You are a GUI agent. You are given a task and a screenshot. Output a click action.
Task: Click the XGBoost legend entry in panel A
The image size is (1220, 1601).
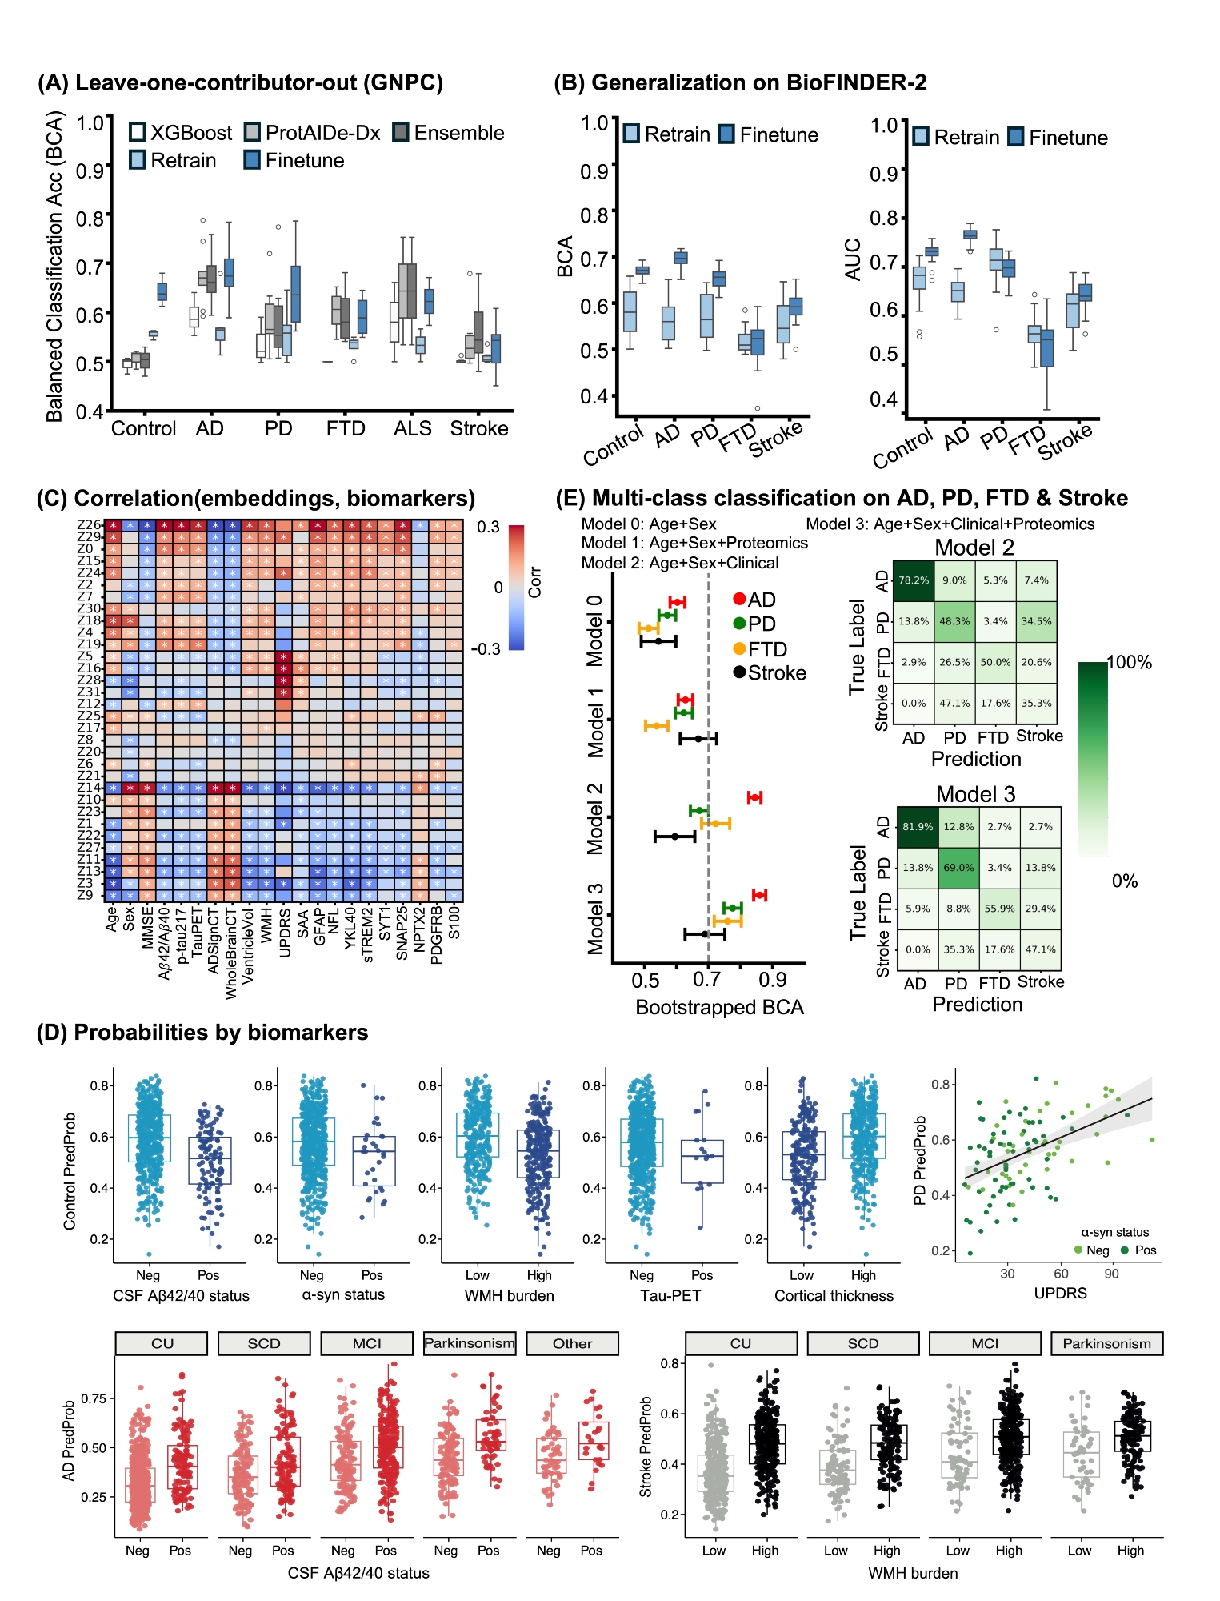[x=181, y=133]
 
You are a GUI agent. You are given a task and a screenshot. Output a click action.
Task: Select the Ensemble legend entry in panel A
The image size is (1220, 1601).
[x=448, y=133]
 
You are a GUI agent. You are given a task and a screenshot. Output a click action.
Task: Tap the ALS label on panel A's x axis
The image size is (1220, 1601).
[x=413, y=429]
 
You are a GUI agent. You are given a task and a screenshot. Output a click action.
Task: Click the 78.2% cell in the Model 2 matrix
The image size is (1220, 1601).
[x=914, y=580]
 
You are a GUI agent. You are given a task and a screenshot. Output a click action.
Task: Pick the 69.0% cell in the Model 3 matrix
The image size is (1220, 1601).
[x=958, y=868]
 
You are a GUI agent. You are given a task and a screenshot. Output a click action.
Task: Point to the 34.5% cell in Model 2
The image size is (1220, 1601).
[x=1036, y=621]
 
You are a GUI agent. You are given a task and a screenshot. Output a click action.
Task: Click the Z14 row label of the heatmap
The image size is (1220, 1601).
[x=89, y=788]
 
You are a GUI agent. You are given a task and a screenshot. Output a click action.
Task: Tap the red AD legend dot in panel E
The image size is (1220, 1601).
[x=739, y=600]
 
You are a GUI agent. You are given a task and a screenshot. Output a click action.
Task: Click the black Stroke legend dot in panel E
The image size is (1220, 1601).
[x=739, y=672]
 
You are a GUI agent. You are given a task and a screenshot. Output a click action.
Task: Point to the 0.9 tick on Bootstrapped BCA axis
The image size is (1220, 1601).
[x=772, y=981]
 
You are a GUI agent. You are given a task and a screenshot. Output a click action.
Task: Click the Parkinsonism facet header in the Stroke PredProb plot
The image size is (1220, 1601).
[x=1106, y=1343]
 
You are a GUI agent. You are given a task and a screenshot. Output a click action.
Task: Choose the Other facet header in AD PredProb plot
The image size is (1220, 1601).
[x=572, y=1343]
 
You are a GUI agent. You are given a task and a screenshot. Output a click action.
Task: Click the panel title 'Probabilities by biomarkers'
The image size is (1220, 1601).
[x=220, y=1033]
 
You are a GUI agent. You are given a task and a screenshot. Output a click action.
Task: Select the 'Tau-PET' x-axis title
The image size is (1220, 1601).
[x=670, y=1295]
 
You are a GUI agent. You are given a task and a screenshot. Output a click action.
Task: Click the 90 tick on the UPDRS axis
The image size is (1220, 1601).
[x=1111, y=1274]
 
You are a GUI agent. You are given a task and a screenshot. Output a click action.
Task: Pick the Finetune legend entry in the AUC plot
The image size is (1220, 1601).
[x=1058, y=138]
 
